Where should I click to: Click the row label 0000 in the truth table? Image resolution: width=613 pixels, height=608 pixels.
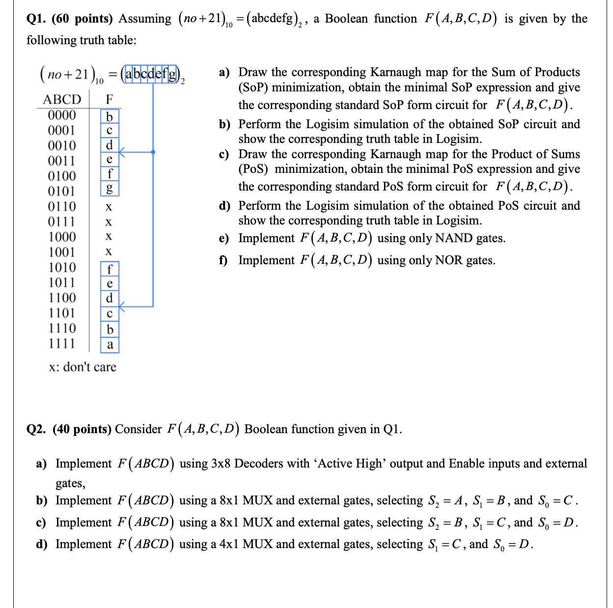pos(62,115)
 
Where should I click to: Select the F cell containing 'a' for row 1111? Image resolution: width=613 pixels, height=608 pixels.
pos(110,345)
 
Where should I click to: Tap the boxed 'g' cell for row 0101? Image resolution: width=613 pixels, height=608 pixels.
pos(110,189)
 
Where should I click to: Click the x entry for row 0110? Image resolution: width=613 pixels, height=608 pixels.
pos(109,207)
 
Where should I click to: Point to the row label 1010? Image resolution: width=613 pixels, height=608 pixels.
pos(62,268)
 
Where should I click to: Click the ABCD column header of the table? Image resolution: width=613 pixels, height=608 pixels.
pos(62,99)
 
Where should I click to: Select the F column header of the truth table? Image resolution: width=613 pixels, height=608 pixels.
pos(110,99)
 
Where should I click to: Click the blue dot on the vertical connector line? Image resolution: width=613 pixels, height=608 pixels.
pos(153,152)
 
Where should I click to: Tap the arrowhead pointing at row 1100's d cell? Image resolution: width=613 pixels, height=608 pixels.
pos(121,306)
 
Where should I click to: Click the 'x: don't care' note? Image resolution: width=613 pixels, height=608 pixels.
pos(83,367)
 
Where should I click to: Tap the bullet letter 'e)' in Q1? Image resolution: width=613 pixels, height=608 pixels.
pos(224,239)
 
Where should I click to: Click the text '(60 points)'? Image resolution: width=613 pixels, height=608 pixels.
pos(82,19)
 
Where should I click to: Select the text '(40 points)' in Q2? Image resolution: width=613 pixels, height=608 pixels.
pos(82,429)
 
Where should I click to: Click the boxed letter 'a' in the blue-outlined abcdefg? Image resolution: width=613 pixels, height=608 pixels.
pos(128,74)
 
